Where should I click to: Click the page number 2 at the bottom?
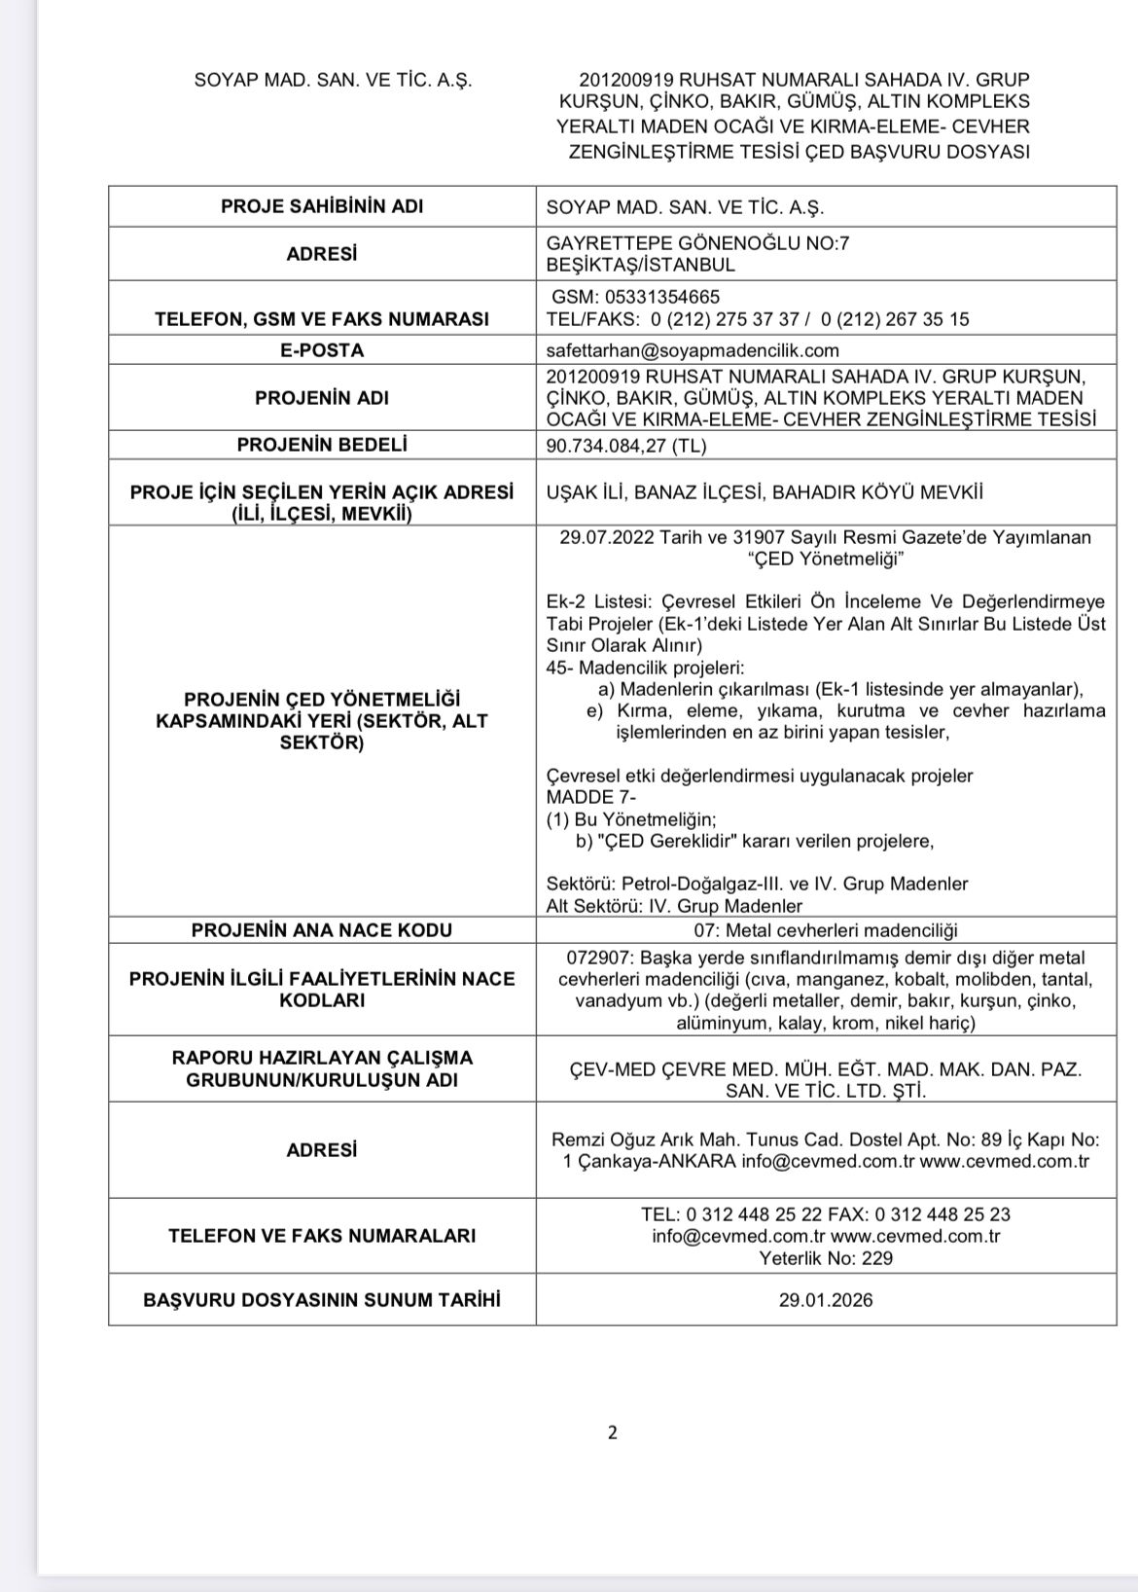612,1432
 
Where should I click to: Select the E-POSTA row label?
321,350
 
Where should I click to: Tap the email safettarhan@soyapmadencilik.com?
693,350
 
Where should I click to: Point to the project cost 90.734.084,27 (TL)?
626,446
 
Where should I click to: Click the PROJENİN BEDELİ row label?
321,445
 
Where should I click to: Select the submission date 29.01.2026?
825,1300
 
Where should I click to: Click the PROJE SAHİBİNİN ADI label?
321,206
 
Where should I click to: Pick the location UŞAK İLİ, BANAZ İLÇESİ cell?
765,492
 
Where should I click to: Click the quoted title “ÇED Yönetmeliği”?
825,560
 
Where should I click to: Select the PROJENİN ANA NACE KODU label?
321,930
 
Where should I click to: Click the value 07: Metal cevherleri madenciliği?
825,930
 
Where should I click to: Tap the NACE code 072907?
595,959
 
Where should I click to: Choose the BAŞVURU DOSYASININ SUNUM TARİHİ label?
321,1300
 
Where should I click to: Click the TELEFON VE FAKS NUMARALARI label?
321,1236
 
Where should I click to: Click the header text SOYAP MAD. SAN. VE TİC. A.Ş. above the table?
334,81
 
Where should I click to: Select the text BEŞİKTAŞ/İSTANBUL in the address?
641,265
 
